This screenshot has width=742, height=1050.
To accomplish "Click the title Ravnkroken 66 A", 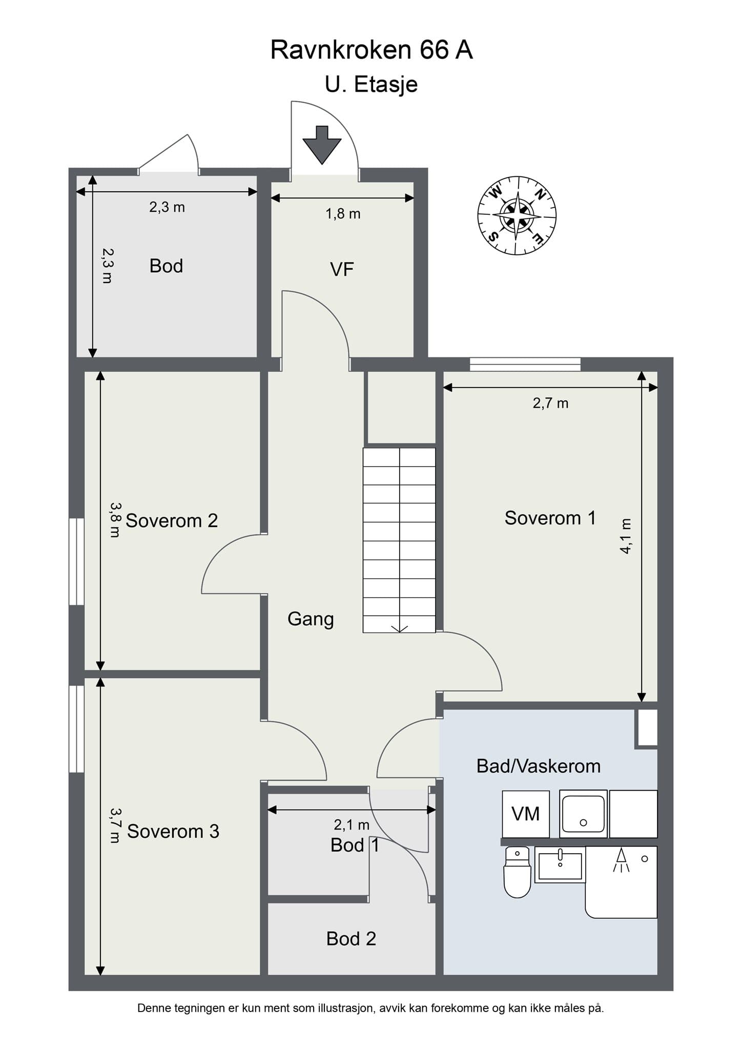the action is pos(371,50).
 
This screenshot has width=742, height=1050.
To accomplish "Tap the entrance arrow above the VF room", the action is pos(322,145).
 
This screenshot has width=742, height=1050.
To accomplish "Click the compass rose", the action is pos(517,216).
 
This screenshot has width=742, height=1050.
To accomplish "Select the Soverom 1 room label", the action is pos(550,518).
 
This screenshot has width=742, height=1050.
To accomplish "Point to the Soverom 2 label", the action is pos(172,520).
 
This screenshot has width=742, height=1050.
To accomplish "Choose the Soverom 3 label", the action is pos(173,831).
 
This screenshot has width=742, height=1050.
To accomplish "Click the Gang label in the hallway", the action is pos(311,619).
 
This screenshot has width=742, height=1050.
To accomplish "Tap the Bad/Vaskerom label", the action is pos(539,766).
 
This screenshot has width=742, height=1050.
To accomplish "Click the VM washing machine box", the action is pos(526,814).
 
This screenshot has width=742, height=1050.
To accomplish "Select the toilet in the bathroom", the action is pos(517,872).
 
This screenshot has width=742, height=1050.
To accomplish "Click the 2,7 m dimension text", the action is pos(550,403).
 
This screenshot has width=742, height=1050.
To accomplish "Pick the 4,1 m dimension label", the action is pos(626,536).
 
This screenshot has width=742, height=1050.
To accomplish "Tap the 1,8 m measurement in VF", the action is pos(343,214).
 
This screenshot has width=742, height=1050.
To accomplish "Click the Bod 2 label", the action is pos(351,939).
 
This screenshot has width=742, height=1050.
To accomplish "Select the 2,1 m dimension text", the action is pos(352,825).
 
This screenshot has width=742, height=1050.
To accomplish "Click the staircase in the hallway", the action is pos(399,540).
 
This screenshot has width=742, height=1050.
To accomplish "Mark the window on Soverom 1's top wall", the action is pos(525,364).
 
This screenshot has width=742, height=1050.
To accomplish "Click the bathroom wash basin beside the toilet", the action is pos(560,865).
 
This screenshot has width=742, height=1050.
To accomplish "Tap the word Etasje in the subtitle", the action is pos(386,85).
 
